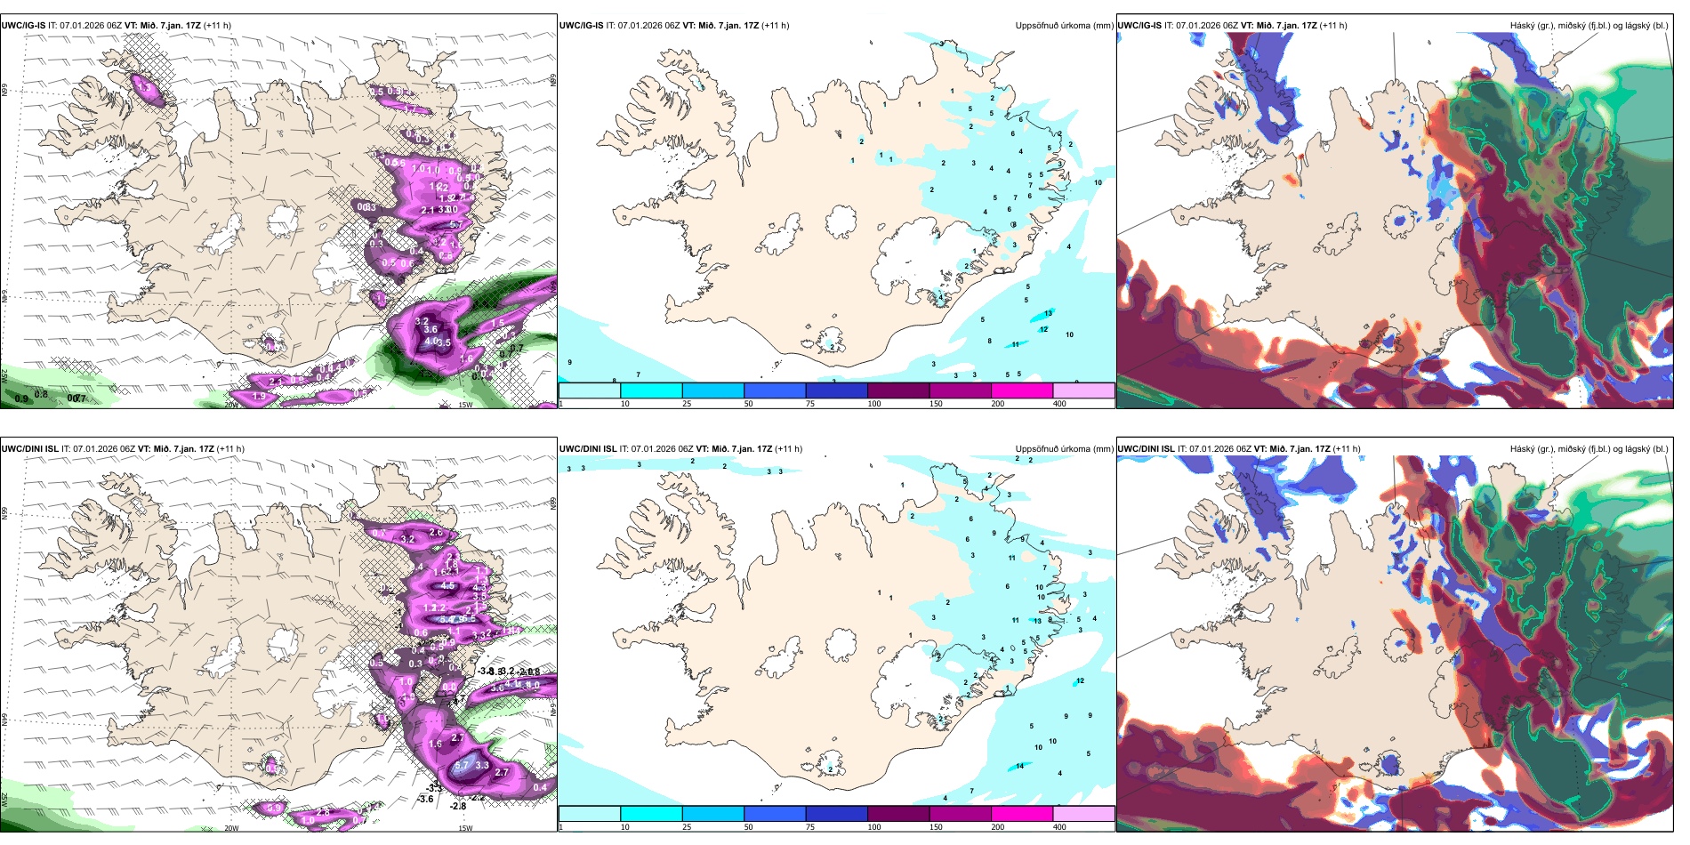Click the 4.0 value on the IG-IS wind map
coord(431,341)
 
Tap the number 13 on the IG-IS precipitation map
coord(1049,313)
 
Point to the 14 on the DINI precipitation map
coord(1019,766)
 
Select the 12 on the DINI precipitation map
coord(1080,681)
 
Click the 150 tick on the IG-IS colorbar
coord(935,404)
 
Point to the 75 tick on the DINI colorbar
coord(810,827)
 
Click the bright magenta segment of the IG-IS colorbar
coord(1022,390)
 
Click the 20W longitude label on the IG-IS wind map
coord(231,405)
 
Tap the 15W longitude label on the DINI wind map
coord(465,828)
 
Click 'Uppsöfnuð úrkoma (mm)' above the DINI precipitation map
coord(1064,449)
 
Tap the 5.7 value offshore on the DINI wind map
coord(461,765)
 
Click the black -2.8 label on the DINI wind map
coord(458,806)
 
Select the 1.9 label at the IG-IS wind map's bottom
coord(259,396)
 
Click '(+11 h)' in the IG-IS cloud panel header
coord(1333,26)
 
